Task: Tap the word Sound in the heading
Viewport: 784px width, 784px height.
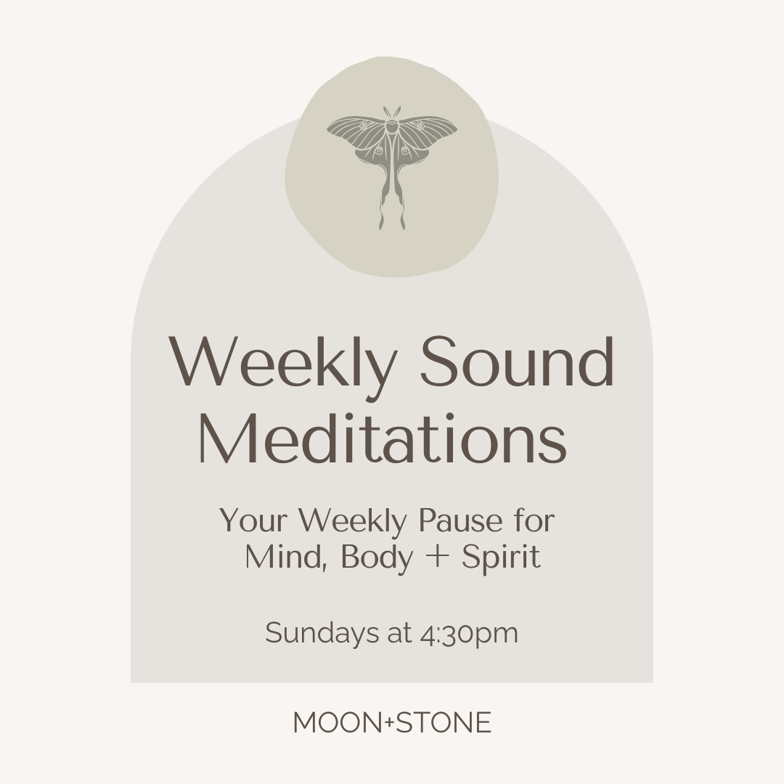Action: pyautogui.click(x=518, y=363)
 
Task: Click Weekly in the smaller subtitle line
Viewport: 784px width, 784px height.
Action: pyautogui.click(x=353, y=521)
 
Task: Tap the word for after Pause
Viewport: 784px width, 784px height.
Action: pyautogui.click(x=537, y=521)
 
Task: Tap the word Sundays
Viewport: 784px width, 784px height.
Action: pyautogui.click(x=319, y=633)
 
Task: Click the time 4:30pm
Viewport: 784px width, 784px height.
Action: pyautogui.click(x=469, y=634)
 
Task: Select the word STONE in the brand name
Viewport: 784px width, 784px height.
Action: pyautogui.click(x=445, y=723)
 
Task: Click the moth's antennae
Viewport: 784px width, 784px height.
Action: pyautogui.click(x=392, y=113)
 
